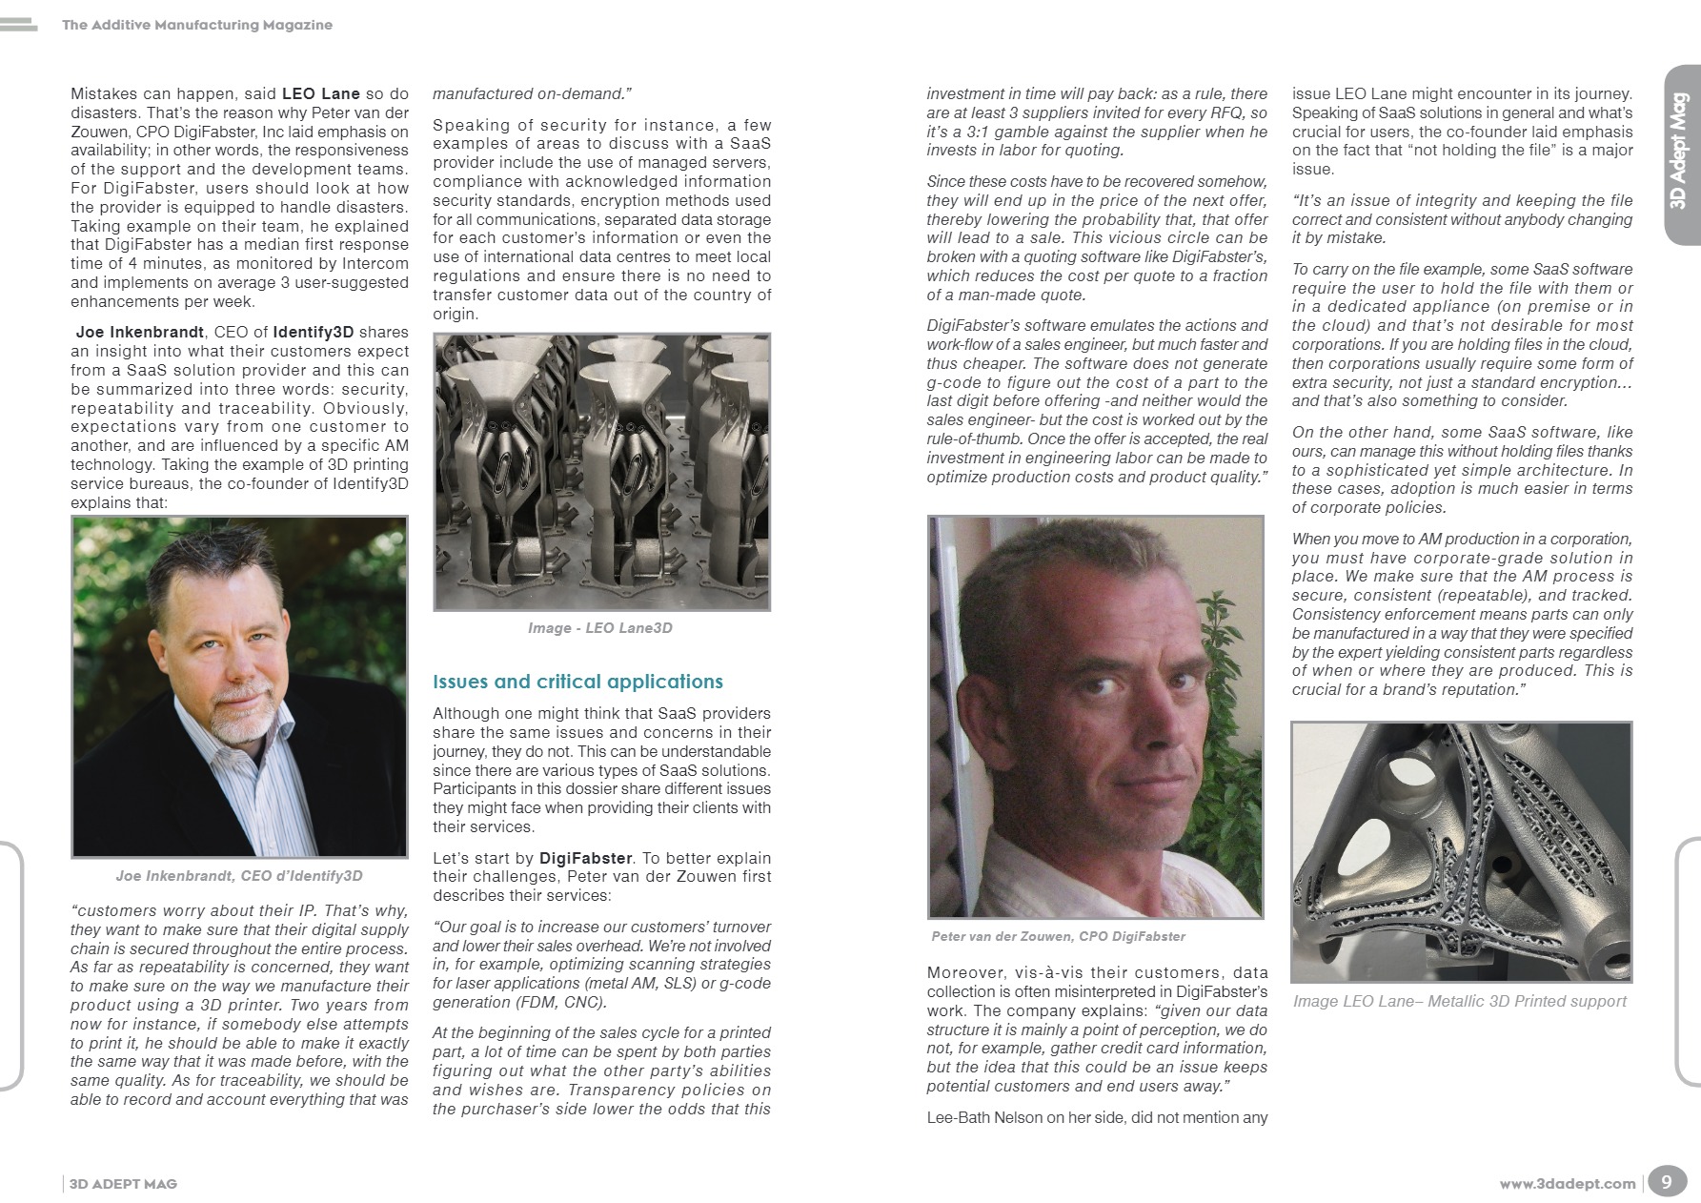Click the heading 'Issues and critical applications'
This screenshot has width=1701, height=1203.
[x=577, y=682]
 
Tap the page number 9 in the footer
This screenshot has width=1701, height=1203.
[x=1666, y=1182]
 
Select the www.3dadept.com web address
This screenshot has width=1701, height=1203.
[x=1567, y=1184]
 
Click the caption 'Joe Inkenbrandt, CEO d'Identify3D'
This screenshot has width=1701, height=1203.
[x=239, y=876]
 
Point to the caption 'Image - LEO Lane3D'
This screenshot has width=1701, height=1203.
[x=600, y=628]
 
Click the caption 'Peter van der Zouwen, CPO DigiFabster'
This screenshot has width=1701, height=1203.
[x=1059, y=937]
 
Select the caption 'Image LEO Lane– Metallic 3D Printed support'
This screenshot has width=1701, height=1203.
[x=1459, y=1001]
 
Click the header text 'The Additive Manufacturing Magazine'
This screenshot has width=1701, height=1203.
[x=197, y=25]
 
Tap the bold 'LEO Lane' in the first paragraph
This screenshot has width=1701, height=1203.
[x=321, y=94]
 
